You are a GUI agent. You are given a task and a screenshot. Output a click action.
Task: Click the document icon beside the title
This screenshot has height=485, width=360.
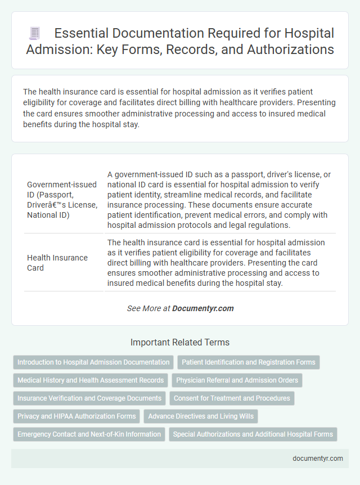[34, 34]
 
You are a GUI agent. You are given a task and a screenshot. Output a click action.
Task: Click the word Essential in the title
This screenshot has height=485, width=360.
[85, 33]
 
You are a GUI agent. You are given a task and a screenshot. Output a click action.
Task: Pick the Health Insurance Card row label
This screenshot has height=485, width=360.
[57, 263]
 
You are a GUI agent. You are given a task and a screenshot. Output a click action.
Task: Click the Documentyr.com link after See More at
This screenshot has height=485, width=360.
[202, 308]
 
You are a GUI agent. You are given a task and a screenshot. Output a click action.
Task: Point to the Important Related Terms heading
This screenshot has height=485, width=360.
[180, 342]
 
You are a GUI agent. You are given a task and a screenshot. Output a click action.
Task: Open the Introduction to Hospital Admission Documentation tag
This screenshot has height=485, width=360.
[93, 362]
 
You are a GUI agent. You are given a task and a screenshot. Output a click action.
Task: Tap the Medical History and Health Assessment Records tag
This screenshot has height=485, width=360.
[91, 380]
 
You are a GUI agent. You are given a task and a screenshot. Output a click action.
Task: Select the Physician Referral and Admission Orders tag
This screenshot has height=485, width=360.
[237, 380]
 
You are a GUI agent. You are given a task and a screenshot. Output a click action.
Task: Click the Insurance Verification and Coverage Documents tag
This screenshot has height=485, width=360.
[89, 398]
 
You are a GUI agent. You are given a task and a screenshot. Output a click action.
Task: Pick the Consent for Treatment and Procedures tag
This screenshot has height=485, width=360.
[232, 398]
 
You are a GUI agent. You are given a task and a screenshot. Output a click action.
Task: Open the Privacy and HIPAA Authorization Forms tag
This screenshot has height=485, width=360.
[76, 416]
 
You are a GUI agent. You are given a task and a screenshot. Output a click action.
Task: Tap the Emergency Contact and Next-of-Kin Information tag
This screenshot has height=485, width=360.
[88, 434]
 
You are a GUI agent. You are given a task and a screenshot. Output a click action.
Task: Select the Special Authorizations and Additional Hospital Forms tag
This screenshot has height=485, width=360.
[253, 434]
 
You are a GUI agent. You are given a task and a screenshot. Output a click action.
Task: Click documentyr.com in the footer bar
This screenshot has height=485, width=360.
[318, 458]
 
